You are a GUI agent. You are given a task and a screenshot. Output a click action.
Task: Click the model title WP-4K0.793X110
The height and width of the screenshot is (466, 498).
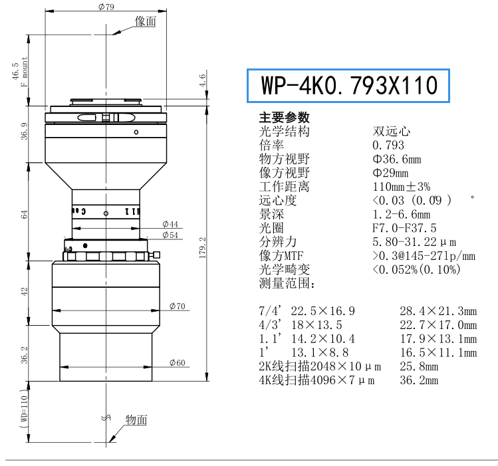[x=349, y=85]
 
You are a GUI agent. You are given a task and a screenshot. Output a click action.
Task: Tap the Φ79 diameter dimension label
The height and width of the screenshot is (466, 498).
[x=106, y=7]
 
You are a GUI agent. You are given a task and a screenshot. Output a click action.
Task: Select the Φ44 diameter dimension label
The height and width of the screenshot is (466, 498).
[x=170, y=224]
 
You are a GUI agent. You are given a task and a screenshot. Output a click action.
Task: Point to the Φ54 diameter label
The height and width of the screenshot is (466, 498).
[x=170, y=235]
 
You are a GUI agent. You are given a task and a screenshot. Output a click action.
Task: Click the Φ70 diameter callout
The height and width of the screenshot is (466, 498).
[x=178, y=306]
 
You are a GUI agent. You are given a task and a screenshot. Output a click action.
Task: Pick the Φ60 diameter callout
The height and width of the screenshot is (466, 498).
[x=178, y=362]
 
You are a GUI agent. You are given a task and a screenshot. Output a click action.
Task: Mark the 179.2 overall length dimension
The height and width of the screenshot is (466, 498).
[x=202, y=247]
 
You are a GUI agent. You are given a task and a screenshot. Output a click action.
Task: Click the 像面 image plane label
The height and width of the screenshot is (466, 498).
[x=146, y=21]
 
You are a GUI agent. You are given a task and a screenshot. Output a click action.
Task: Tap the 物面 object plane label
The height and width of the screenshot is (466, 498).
[x=136, y=419]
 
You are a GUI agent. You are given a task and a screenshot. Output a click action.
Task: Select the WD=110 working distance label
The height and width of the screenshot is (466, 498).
[x=24, y=408]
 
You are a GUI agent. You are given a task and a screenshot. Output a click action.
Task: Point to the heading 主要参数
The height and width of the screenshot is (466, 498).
[x=284, y=118]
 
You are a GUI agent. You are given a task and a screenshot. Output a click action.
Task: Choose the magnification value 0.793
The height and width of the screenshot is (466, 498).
[x=388, y=145]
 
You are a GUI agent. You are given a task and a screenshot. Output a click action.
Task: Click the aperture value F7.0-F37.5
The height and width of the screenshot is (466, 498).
[x=404, y=228]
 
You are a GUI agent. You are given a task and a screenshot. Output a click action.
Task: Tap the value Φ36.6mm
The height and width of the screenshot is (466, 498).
[x=397, y=159]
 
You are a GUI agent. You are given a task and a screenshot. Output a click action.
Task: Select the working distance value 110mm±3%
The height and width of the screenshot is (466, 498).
[x=402, y=187]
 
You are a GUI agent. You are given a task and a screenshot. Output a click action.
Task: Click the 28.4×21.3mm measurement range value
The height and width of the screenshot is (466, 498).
[x=438, y=311]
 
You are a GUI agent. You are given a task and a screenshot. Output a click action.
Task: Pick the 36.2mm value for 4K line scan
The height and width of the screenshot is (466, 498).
[x=419, y=380]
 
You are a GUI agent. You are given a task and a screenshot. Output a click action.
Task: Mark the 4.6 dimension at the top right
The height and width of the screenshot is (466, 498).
[x=202, y=80]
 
